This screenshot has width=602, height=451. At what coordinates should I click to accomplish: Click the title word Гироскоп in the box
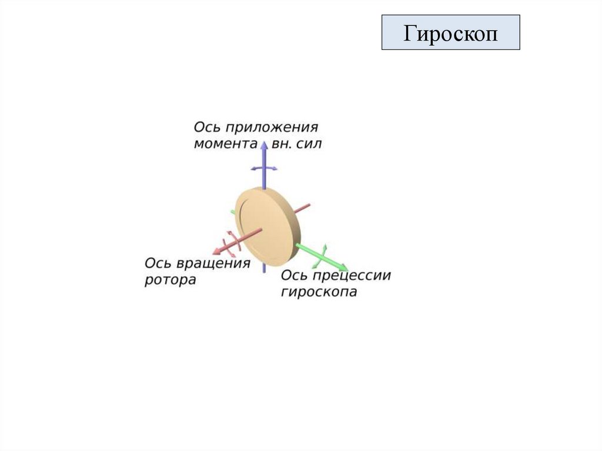450,33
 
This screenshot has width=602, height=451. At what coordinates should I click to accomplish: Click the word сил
310,143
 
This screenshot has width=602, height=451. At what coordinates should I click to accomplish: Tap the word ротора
170,280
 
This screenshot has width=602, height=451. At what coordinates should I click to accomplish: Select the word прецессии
356,275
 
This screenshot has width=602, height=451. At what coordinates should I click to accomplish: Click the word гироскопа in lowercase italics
319,292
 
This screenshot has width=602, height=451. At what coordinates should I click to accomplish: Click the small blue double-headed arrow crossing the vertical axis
264,168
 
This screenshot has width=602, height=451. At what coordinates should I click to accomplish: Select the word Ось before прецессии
295,275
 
